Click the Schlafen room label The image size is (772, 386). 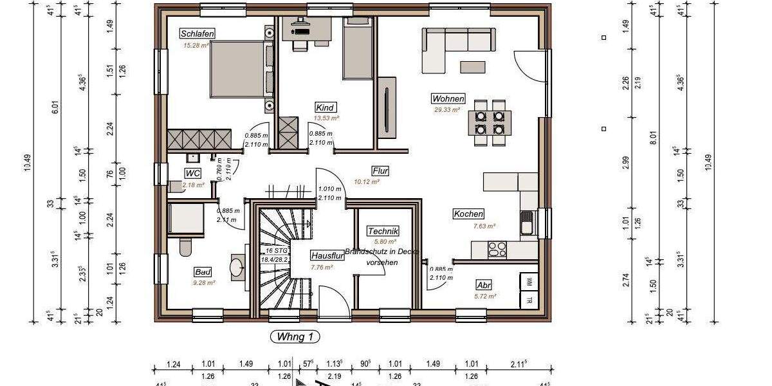pyautogui.click(x=198, y=33)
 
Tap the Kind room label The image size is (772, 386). pyautogui.click(x=326, y=107)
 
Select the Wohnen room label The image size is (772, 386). pyautogui.click(x=448, y=98)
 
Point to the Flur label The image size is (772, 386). pyautogui.click(x=380, y=170)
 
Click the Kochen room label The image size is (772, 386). pyautogui.click(x=468, y=214)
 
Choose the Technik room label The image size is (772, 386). pyautogui.click(x=383, y=231)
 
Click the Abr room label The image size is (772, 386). pyautogui.click(x=484, y=285)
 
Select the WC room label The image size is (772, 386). pyautogui.click(x=193, y=173)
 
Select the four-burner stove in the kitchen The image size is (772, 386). pyautogui.click(x=497, y=250)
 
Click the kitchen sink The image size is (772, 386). pyautogui.click(x=527, y=222)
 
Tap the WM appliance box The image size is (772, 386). pyautogui.click(x=528, y=281)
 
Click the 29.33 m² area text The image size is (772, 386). pyautogui.click(x=446, y=110)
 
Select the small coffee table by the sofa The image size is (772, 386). pyautogui.click(x=473, y=66)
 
